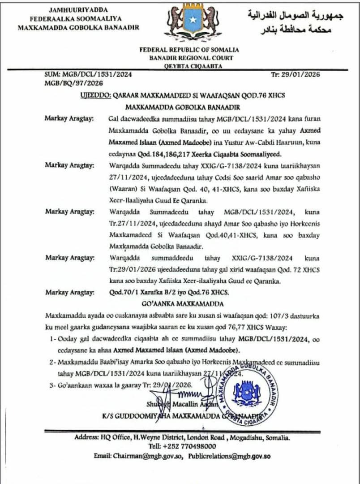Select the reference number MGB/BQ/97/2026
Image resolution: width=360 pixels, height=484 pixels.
tap(74, 83)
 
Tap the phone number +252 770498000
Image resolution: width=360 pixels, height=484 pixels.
tap(193, 446)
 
